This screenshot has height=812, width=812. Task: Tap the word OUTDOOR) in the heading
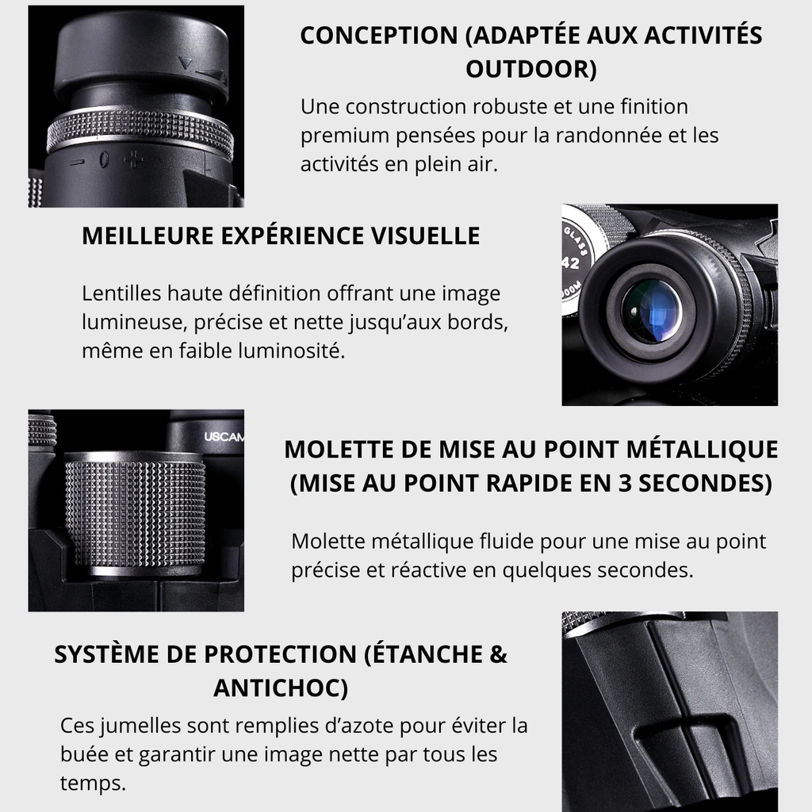[530, 70]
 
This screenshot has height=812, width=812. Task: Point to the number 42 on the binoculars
[571, 263]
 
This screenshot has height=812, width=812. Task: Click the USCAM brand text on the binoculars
[224, 437]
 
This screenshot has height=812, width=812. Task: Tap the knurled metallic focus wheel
[135, 513]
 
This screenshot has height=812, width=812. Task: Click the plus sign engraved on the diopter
[134, 159]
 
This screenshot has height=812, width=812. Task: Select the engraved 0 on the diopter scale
[104, 159]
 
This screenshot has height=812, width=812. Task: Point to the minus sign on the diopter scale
[77, 163]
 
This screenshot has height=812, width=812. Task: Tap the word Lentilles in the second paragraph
[121, 293]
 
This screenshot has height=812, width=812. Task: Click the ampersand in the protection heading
[498, 654]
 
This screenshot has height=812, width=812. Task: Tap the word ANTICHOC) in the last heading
[281, 688]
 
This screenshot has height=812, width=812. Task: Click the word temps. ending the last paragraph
[94, 783]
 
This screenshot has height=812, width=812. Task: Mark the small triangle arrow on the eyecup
[185, 63]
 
